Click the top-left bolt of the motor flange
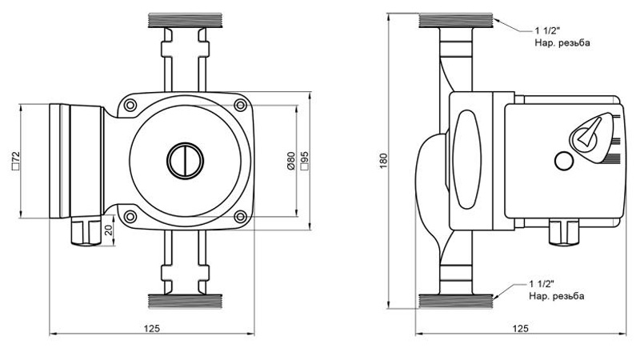click(x=129, y=105)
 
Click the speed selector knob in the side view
click(x=590, y=133)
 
